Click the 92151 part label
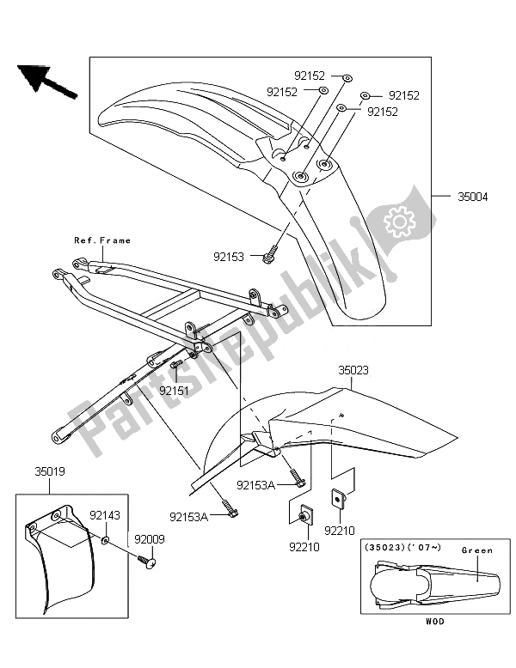pos(175,391)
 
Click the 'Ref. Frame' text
pos(100,240)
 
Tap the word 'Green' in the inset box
pos(477,550)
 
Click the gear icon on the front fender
pos(398,223)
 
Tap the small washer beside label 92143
pos(105,541)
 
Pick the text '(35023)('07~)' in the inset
pos(399,547)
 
